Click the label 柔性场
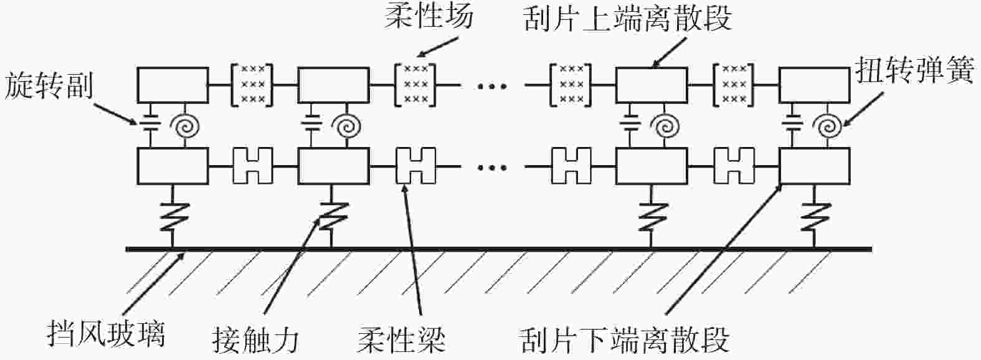428,16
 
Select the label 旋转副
48,86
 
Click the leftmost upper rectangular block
173,85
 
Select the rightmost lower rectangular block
815,166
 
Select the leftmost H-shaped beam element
253,166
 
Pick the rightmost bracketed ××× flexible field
734,84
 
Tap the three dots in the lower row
493,167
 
